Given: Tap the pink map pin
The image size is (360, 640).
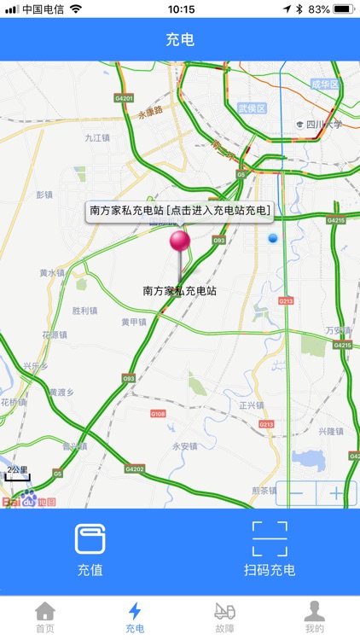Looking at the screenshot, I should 179,241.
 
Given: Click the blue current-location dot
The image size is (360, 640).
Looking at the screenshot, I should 273,239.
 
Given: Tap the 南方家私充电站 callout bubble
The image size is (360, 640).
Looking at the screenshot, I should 180,210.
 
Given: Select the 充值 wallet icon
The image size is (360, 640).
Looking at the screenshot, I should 90,539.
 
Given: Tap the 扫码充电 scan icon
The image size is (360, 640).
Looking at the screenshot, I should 270,539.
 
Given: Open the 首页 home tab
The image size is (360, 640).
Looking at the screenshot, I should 44,617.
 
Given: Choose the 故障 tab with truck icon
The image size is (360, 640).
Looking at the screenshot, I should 225,617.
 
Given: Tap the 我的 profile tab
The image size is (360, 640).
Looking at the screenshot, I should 315,617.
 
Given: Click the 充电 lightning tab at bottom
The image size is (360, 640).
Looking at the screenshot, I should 135,617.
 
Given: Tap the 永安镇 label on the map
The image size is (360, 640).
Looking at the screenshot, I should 184,445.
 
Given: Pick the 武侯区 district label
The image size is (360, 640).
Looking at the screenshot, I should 253,108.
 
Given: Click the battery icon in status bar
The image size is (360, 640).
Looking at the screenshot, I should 345,9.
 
